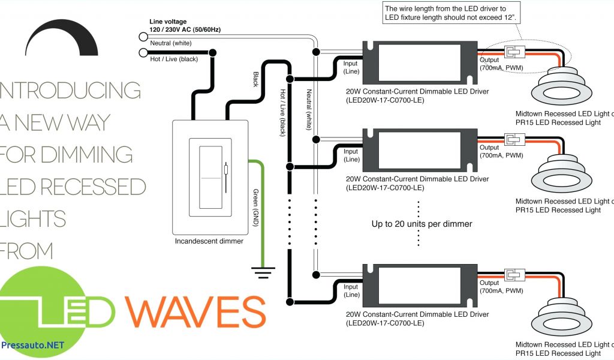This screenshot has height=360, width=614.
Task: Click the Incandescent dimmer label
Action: pos(209,241)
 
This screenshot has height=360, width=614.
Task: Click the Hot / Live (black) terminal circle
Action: pos(143,53)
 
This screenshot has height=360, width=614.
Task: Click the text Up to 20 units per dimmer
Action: pos(422,224)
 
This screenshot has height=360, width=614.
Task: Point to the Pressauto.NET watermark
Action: pos(32,345)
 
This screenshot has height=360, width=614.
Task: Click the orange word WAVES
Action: pos(194,310)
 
